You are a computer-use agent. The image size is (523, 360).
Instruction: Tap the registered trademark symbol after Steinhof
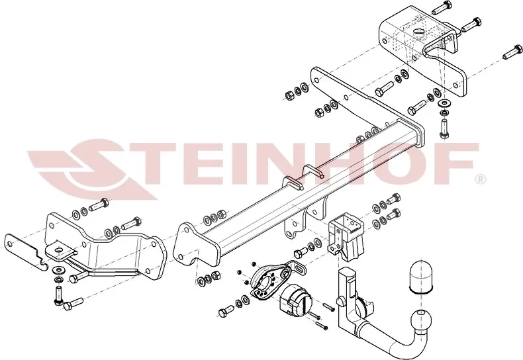482,179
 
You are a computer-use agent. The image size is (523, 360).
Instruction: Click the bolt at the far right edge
513,52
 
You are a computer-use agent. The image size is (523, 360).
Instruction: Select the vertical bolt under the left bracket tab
58,294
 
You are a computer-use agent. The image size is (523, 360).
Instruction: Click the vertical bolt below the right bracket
444,128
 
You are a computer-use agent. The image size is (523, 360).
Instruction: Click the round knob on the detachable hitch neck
341,301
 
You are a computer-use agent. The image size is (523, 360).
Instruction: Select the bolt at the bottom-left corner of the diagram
73,304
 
